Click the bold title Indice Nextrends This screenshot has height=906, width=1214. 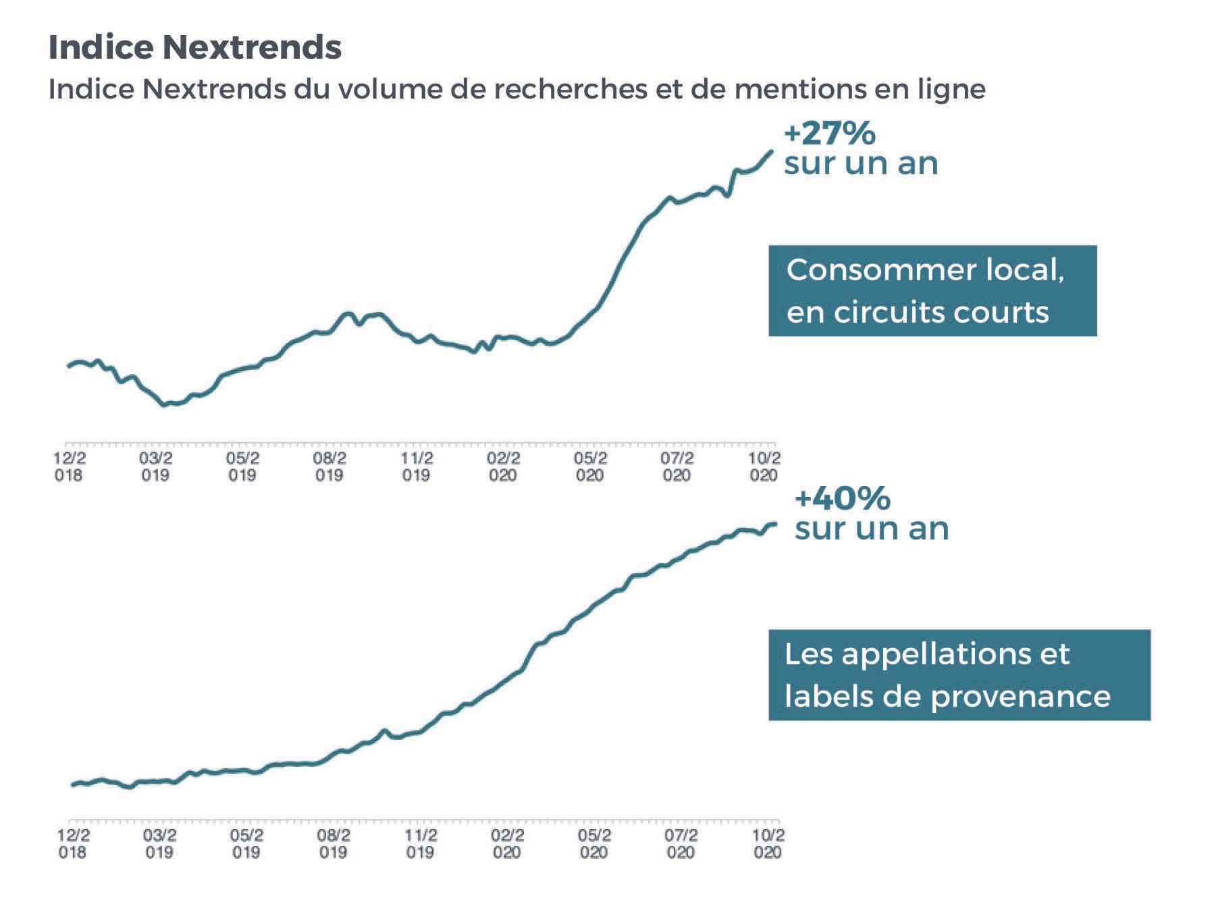(x=195, y=47)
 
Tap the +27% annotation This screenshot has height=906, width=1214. (x=830, y=134)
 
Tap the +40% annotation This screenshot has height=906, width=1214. (x=843, y=499)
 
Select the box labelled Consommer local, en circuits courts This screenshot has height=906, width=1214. (x=932, y=290)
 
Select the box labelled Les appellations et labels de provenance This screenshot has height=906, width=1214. (x=959, y=674)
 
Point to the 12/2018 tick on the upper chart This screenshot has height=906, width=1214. (x=68, y=467)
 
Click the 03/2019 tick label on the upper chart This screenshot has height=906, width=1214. (x=155, y=467)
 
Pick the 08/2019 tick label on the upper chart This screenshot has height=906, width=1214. (x=329, y=467)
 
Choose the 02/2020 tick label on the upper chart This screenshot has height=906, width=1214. (x=503, y=467)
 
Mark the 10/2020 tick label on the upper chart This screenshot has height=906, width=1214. (x=764, y=467)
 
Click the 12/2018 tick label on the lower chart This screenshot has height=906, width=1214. (x=72, y=843)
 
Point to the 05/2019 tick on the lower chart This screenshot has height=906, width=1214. (x=246, y=843)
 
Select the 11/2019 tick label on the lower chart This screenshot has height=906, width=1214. (x=420, y=843)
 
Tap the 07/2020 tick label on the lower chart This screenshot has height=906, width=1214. (x=681, y=843)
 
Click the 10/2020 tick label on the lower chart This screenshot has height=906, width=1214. (x=768, y=843)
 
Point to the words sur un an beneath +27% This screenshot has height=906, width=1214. (x=861, y=164)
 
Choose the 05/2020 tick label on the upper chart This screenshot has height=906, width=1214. (x=590, y=467)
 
